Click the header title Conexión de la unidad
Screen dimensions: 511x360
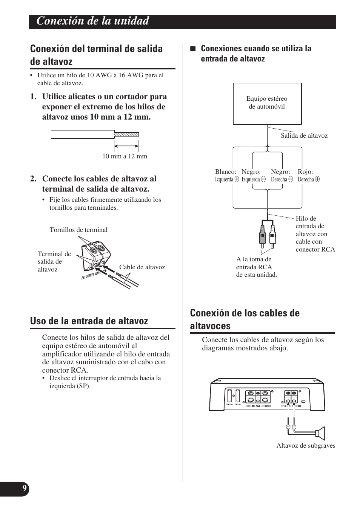tap(93, 21)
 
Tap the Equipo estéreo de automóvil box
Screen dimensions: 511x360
tap(267, 103)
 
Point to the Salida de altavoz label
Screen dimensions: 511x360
tap(304, 136)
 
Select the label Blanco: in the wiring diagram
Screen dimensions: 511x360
tap(226, 172)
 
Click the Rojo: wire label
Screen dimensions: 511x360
tap(305, 172)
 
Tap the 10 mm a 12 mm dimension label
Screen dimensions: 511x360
tap(125, 156)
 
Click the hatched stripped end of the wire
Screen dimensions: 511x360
tap(127, 134)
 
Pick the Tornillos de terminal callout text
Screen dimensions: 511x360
tap(78, 230)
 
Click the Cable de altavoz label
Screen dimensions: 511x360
tap(142, 267)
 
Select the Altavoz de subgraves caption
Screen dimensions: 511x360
tap(306, 446)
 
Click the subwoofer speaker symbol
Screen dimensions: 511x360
tap(320, 433)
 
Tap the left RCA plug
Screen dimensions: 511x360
tap(262, 236)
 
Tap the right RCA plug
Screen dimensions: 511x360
tap(272, 236)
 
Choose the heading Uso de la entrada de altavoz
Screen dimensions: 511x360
tap(89, 321)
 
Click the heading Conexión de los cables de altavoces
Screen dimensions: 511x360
tap(245, 319)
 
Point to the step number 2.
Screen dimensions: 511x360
tap(34, 179)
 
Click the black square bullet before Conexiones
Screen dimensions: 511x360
tap(193, 49)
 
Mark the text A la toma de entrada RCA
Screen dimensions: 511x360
tap(256, 267)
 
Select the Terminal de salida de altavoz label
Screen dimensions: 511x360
tap(54, 261)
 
